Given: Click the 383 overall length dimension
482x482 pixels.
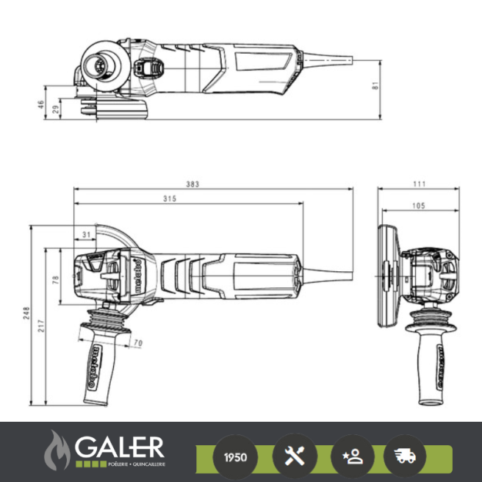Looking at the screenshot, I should [x=193, y=184].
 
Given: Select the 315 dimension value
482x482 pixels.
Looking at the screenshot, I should [x=170, y=199].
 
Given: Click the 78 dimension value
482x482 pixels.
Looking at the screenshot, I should [x=56, y=279].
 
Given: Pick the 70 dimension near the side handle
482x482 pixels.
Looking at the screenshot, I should [x=137, y=342].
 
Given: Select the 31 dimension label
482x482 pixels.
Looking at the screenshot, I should [x=87, y=234].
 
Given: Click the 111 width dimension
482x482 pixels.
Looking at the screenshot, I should [x=419, y=184].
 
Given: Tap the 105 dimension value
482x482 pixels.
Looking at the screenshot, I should [x=417, y=206].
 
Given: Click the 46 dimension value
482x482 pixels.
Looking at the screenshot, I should [x=41, y=104].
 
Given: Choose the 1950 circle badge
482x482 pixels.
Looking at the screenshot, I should [x=235, y=456].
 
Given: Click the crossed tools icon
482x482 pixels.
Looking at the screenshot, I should [x=294, y=456].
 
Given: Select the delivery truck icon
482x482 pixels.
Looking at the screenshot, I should [x=404, y=456].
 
